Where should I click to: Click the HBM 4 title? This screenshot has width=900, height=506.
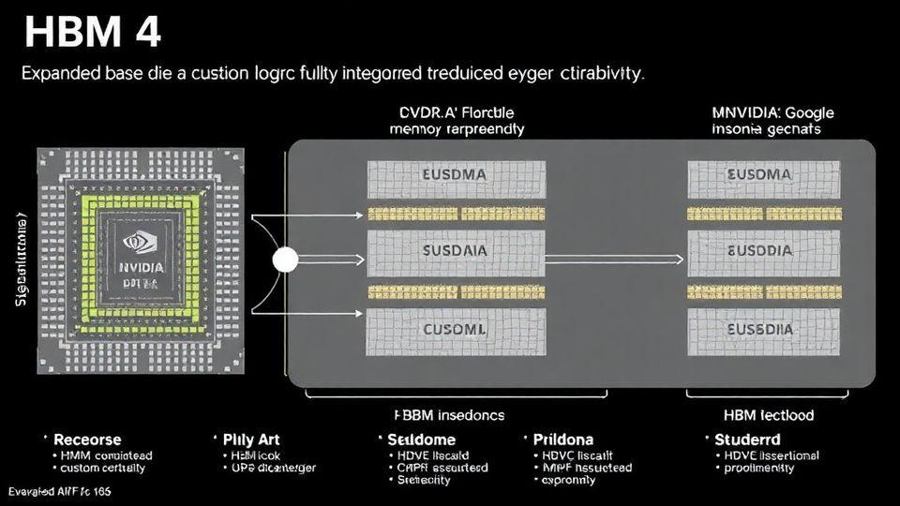click(x=92, y=32)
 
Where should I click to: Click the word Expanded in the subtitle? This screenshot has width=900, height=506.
click(x=65, y=73)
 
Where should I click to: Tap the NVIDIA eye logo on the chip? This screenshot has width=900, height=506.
click(x=141, y=241)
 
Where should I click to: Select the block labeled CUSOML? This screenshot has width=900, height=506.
click(x=456, y=329)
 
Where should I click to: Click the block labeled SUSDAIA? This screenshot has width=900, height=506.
click(x=456, y=252)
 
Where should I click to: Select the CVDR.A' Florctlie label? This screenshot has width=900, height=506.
click(x=457, y=112)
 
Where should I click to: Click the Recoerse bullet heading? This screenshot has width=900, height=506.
click(x=87, y=439)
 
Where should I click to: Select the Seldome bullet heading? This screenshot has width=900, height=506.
click(x=422, y=439)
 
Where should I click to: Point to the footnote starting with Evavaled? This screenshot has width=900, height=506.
click(x=59, y=491)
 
